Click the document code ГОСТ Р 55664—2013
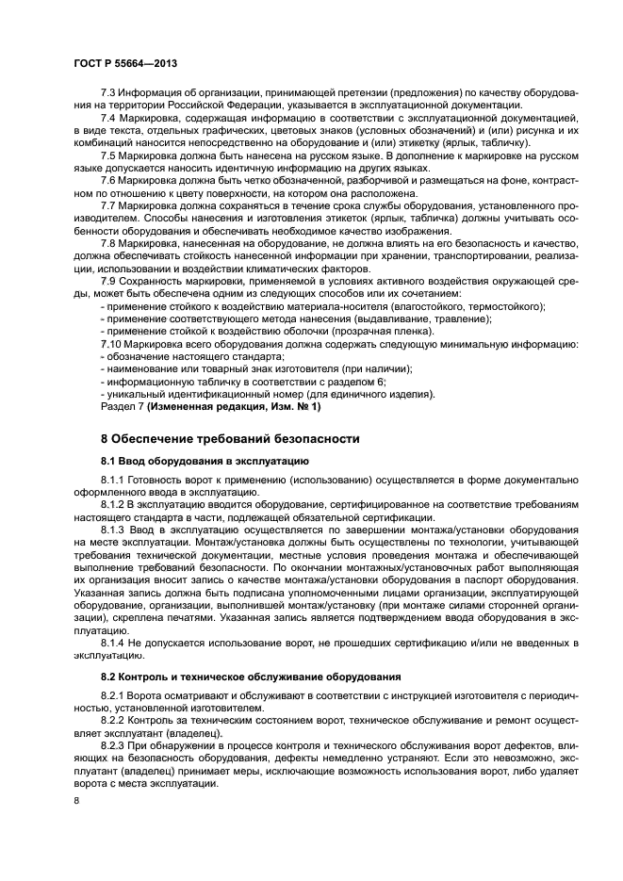(x=127, y=63)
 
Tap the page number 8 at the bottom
(x=78, y=801)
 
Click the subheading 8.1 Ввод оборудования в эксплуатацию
(x=200, y=462)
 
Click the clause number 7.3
(x=108, y=94)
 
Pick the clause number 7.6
(x=108, y=179)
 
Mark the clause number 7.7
(x=108, y=204)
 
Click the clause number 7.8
(x=108, y=242)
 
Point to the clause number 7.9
(x=108, y=281)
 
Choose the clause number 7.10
(x=111, y=344)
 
